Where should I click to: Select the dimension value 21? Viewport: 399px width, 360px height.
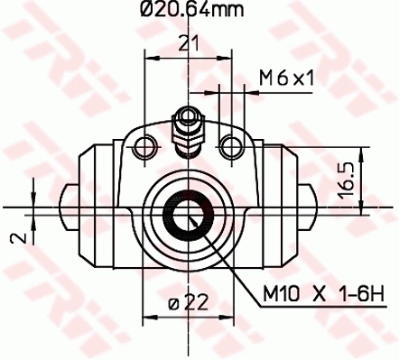coord(188,43)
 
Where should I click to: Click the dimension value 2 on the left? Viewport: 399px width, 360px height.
coord(14,240)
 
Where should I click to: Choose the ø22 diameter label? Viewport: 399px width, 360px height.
coord(188,304)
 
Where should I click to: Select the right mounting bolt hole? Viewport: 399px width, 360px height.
coord(232,145)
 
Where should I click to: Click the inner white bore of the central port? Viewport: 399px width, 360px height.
coord(189,217)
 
